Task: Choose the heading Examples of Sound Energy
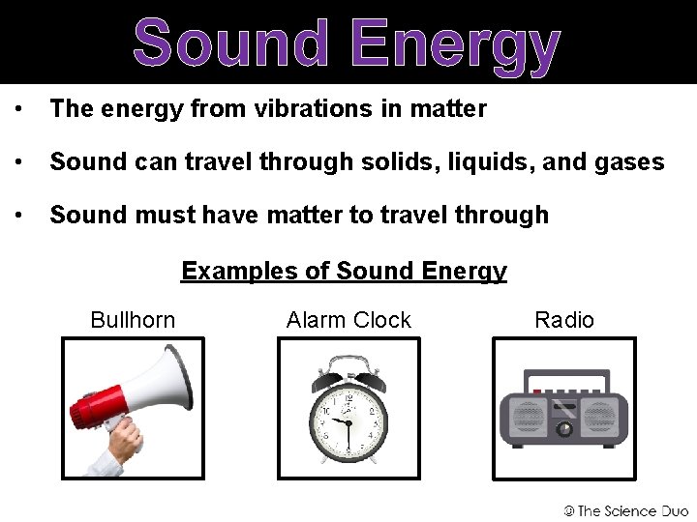click(344, 271)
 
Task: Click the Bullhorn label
click(133, 320)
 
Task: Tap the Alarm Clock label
click(348, 320)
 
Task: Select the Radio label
click(564, 320)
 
